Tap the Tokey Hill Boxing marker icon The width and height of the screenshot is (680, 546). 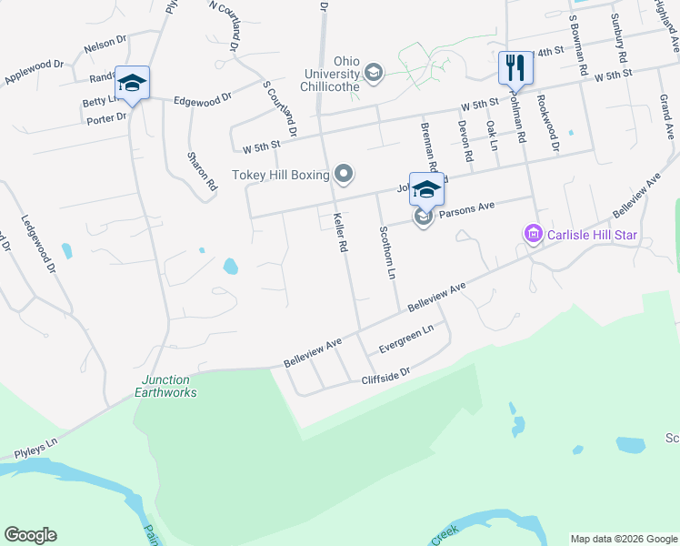[343, 173]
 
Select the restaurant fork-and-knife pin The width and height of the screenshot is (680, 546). [515, 66]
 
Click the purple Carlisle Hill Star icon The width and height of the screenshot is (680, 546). [533, 236]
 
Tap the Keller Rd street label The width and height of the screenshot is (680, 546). [341, 232]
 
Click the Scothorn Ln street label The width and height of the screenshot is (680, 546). [387, 252]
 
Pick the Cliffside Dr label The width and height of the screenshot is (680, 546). [386, 372]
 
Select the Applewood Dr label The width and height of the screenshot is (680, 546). [34, 73]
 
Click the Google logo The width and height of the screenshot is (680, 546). [30, 535]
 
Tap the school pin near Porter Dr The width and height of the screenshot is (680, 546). [132, 84]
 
